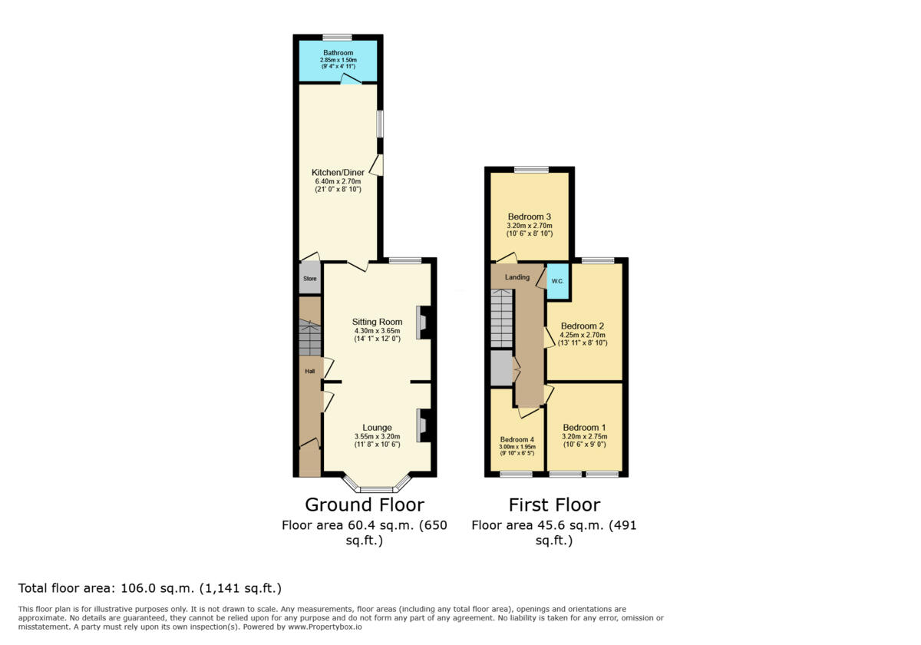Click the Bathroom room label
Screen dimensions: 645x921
coord(338,53)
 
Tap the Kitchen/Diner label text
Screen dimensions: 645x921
coord(338,173)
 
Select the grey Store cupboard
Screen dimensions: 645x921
coord(310,279)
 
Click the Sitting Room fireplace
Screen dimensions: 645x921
coord(424,322)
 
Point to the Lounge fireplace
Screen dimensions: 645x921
coord(424,425)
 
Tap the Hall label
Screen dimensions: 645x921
coord(310,372)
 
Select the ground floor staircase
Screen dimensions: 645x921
coord(310,338)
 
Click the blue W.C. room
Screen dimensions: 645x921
coord(557,282)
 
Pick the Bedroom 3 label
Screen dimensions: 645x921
coord(530,217)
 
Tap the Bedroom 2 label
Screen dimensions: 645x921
coord(583,326)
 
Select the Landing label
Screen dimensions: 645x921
coord(517,277)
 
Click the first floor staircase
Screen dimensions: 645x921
coord(501,318)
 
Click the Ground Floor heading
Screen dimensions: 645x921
coord(365,504)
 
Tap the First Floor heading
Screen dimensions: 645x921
coord(554,504)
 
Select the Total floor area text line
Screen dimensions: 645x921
coord(150,588)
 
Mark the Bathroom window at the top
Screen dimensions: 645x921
coord(337,37)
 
